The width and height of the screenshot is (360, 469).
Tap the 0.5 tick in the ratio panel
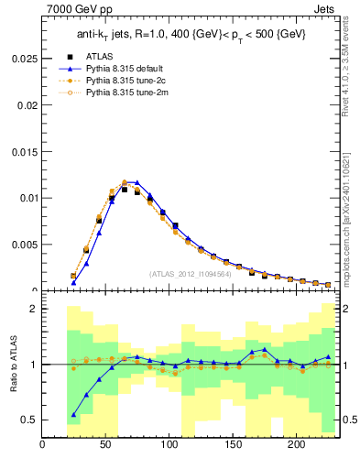(x=29, y=420)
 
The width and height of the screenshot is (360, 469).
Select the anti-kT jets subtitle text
(x=190, y=34)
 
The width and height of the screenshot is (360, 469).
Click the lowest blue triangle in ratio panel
(x=73, y=415)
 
